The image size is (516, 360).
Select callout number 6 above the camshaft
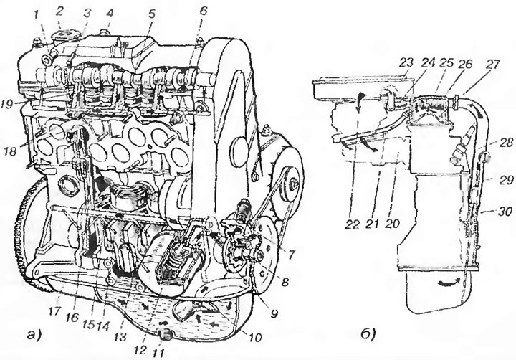(203, 11)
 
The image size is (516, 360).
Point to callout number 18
(11, 151)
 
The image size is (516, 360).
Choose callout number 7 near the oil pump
(291, 254)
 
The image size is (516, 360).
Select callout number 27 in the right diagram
(492, 64)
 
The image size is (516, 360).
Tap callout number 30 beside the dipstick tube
(504, 212)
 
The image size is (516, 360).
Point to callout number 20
(391, 224)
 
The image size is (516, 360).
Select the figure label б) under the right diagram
(368, 335)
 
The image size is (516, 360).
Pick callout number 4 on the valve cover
(110, 13)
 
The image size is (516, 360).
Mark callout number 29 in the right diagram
(505, 180)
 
